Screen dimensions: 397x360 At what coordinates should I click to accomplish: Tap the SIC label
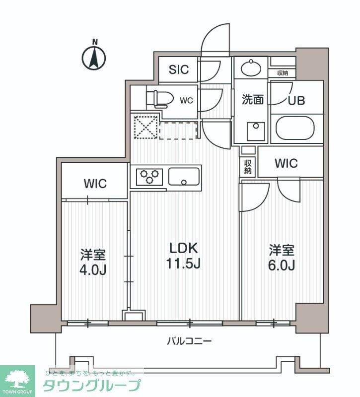(x=178, y=69)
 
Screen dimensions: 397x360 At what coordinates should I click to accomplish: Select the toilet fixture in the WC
(x=160, y=98)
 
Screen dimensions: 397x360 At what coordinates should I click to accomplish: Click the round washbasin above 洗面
(x=251, y=67)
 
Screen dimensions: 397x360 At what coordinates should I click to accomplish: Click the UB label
(x=297, y=99)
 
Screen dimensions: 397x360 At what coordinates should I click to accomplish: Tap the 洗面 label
(x=252, y=100)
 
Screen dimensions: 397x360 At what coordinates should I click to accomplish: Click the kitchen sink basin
(x=184, y=176)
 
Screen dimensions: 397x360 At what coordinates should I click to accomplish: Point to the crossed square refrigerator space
(x=145, y=128)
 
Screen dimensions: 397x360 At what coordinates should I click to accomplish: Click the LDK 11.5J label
(x=183, y=256)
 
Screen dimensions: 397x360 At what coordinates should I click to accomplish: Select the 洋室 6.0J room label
(x=282, y=258)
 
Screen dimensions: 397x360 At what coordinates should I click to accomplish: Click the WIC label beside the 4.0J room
(x=95, y=184)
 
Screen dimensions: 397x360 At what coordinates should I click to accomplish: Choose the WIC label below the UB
(x=286, y=163)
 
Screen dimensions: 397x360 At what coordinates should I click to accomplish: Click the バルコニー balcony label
(x=189, y=341)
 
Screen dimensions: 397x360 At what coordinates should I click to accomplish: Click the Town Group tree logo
(x=18, y=380)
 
